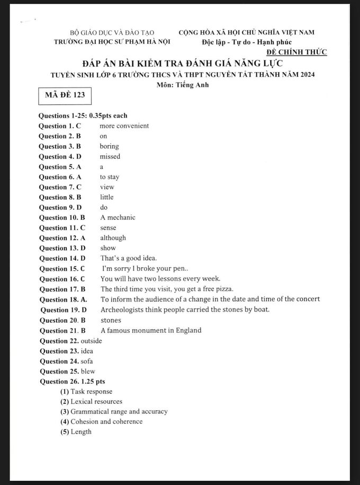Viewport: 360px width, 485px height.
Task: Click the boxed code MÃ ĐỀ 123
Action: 61,95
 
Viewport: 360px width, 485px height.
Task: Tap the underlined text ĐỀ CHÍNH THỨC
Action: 296,51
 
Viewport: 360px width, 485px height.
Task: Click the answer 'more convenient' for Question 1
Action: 124,126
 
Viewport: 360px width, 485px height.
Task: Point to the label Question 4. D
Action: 60,156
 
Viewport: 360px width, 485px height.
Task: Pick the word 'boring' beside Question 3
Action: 109,146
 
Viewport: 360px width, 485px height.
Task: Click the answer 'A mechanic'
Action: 118,217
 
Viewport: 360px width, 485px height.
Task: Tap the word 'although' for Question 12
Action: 113,238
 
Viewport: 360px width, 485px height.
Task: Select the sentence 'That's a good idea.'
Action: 129,258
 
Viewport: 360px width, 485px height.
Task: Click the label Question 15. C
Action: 62,269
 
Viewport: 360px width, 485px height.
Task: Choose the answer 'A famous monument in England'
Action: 151,330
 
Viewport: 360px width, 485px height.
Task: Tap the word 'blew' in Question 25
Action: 88,371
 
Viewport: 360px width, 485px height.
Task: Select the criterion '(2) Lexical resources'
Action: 91,402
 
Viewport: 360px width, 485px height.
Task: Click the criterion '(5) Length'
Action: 76,432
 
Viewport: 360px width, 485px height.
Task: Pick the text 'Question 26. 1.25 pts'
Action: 73,381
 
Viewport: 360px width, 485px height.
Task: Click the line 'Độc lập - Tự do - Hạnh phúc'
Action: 247,42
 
